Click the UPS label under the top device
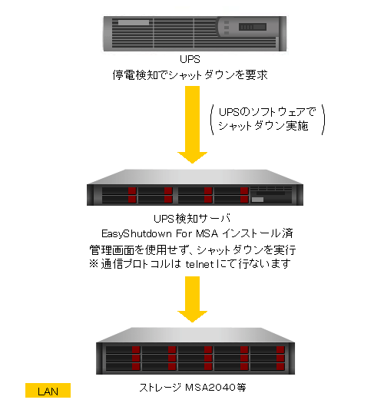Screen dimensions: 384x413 point(190,59)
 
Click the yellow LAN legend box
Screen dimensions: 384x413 point(48,390)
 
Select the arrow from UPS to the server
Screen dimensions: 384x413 point(192,124)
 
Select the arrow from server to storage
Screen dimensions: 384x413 point(192,299)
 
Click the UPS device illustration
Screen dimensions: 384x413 point(195,34)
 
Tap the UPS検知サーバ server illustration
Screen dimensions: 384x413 point(195,187)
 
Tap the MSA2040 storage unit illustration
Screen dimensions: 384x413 point(195,351)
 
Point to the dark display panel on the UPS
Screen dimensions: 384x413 point(253,27)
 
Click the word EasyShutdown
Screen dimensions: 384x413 point(137,233)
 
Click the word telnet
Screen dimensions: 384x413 point(200,264)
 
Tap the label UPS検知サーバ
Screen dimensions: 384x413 point(192,218)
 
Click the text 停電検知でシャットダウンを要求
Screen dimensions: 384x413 point(190,75)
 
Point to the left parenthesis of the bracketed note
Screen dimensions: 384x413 point(212,120)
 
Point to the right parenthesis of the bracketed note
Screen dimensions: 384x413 point(323,120)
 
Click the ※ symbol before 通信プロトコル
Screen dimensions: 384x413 point(94,263)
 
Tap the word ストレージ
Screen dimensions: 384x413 point(160,387)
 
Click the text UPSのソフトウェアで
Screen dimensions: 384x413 point(267,112)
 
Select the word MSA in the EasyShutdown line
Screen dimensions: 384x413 point(207,233)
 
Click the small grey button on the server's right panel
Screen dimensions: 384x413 point(257,200)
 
